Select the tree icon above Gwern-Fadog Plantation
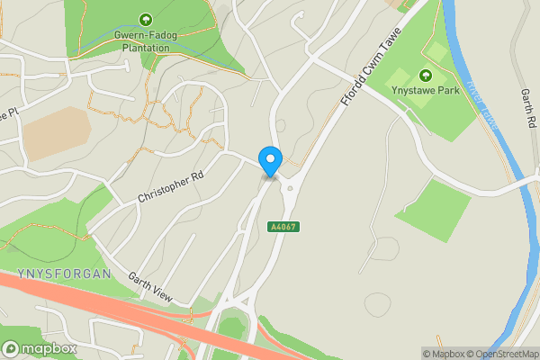click(146, 19)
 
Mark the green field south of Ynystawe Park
click(435, 209)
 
